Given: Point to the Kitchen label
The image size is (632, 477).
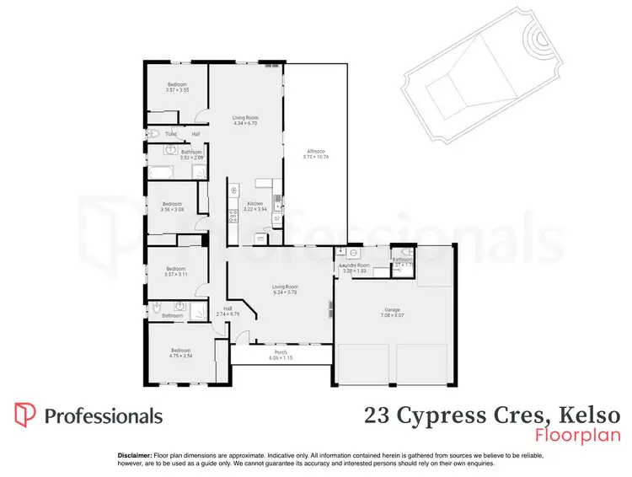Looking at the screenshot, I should point(255,203).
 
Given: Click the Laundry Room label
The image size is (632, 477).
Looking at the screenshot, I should point(355,265).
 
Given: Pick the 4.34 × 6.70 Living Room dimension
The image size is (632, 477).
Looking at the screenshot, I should point(245,124).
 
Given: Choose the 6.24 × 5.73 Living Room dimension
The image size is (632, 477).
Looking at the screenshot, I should point(285,292).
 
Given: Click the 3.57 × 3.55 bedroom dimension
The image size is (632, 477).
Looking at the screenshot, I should point(177,90).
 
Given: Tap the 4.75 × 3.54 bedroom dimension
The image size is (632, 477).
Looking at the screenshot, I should point(181,356).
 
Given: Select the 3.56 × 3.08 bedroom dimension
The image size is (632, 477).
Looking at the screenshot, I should point(173,209).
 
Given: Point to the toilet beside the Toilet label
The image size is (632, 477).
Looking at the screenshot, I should point(151,134).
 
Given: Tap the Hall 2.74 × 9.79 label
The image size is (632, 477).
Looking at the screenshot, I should point(228,311).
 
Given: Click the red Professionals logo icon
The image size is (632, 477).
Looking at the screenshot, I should point(24,415).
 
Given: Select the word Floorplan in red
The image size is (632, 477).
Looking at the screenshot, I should point(577,435).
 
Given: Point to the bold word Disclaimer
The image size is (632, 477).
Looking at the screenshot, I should point(134,454).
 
